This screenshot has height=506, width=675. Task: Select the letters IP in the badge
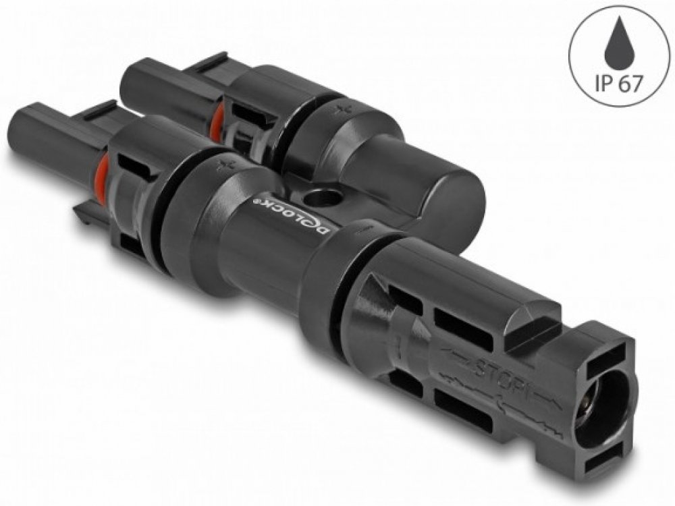[x=603, y=83]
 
